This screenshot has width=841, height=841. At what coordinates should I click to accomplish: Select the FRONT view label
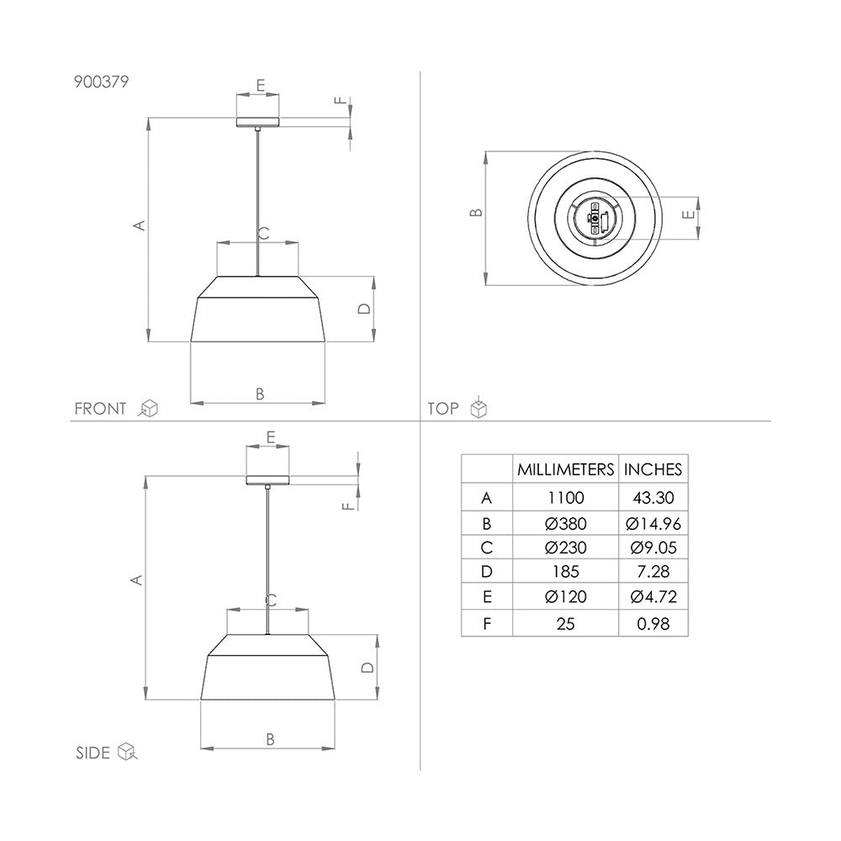click(x=100, y=410)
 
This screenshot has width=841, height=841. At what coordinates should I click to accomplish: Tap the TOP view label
click(x=443, y=410)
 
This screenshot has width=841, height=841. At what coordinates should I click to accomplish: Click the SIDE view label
click(x=93, y=753)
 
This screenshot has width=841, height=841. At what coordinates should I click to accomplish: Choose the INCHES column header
click(x=653, y=469)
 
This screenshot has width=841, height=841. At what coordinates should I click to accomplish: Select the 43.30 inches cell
click(x=653, y=498)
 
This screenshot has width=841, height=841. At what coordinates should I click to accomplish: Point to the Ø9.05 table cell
click(x=653, y=548)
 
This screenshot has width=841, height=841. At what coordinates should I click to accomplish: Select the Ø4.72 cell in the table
click(x=653, y=598)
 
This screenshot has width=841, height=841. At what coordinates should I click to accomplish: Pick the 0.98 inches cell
click(x=653, y=623)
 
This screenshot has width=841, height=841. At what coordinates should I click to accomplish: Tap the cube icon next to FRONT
click(x=149, y=409)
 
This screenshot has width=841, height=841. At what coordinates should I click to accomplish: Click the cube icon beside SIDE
click(x=127, y=751)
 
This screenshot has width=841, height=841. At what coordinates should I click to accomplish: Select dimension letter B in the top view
click(x=475, y=213)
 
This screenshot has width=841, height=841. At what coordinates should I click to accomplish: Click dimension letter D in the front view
click(x=363, y=309)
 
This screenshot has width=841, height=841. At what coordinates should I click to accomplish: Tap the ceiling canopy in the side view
click(x=267, y=481)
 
